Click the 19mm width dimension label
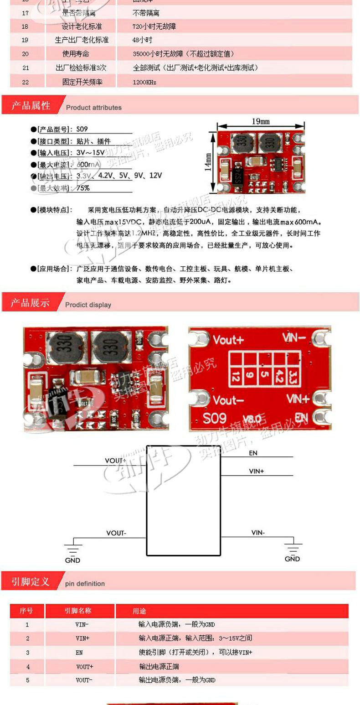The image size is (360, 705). tap(260, 121)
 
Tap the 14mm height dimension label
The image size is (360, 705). tap(208, 161)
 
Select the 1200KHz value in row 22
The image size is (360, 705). tap(144, 83)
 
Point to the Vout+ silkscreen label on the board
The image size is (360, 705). tap(228, 340)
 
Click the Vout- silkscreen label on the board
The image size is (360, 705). tap(228, 400)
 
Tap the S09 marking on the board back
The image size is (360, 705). tap(215, 418)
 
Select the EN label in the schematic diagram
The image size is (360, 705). tap(253, 453)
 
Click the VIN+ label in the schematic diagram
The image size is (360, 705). tap(256, 471)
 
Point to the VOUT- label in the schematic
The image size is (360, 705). tap(116, 533)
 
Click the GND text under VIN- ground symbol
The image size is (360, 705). tap(292, 559)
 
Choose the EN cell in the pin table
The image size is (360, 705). tap(79, 653)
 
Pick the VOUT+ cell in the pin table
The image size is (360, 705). tap(85, 667)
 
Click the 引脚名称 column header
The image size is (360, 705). tap(78, 611)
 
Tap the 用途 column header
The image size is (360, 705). tap(139, 611)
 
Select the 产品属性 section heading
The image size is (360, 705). tap(31, 106)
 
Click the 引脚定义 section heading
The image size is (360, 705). tap(31, 582)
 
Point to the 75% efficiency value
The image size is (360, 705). tap(83, 188)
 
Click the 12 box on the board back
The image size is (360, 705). tap(236, 377)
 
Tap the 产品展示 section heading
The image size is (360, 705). tap(31, 303)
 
